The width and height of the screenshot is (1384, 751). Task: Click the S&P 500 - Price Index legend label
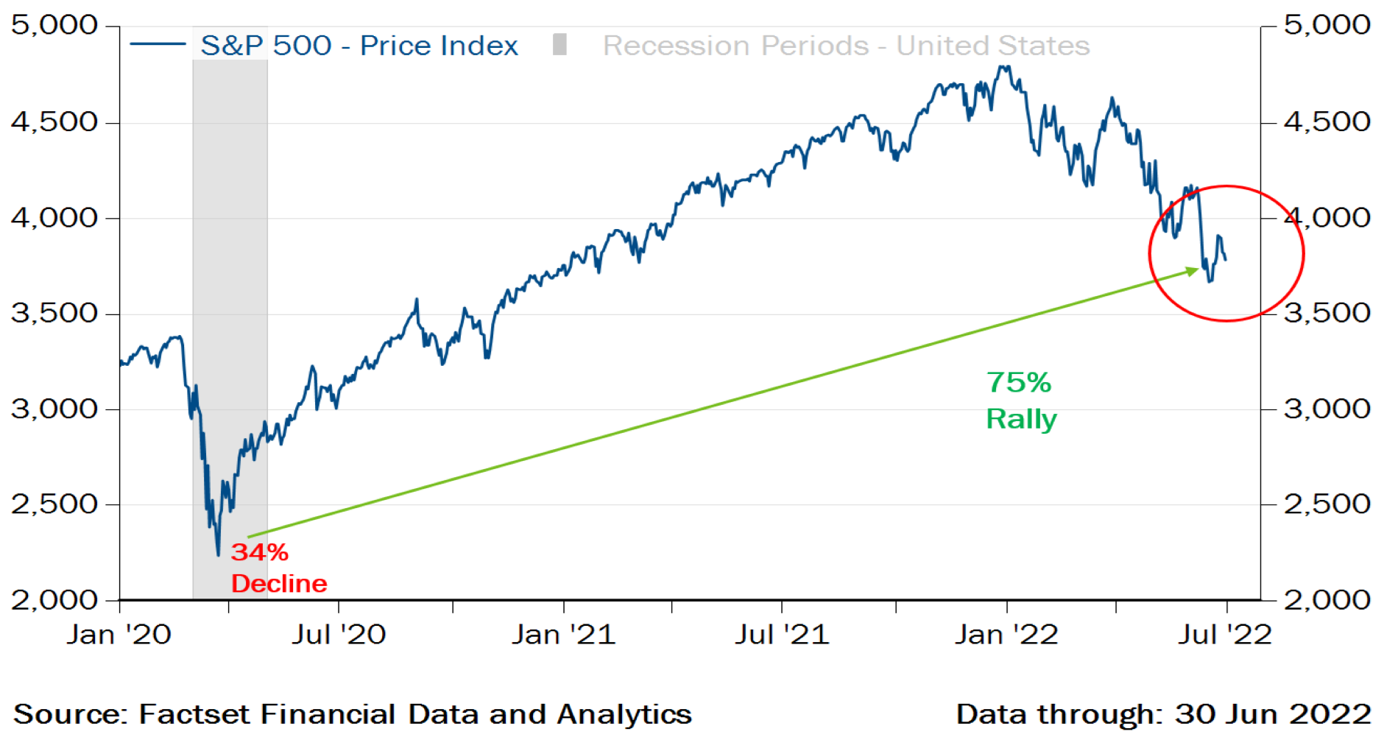point(359,46)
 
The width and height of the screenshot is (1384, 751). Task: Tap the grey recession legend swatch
point(559,45)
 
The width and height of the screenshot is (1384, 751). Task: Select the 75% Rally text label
point(1020,401)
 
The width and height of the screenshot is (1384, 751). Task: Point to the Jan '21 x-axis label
point(563,635)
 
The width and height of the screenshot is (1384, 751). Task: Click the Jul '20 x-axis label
point(339,635)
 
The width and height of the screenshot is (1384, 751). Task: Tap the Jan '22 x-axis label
point(1006,635)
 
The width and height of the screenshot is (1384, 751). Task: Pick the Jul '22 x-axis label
point(1225,635)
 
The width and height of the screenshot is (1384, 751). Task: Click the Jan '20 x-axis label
point(119,635)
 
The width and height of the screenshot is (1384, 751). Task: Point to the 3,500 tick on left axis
point(54,314)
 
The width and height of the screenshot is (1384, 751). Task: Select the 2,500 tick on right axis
point(1327,504)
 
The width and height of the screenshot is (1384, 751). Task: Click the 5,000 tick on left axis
point(54,25)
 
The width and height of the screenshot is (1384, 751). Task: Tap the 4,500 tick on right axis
point(1327,121)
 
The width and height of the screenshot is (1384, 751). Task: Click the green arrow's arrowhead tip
point(1198,269)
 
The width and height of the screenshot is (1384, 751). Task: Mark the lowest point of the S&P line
point(218,554)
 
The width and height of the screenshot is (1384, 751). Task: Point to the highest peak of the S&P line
point(1001,67)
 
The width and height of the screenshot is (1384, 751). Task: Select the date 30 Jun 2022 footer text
point(1273,714)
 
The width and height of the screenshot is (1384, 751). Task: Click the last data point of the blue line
point(1226,259)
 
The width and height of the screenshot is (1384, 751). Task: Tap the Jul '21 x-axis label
point(782,635)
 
